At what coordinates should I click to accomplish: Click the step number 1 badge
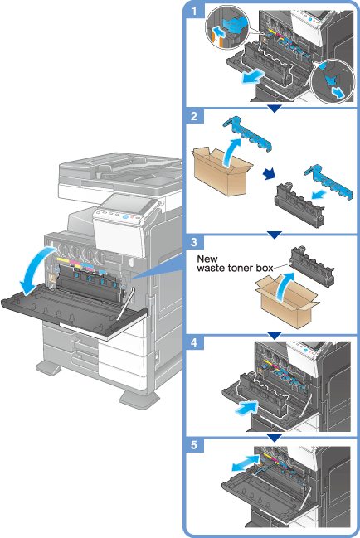tap(195, 11)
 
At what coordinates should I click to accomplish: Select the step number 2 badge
tap(195, 116)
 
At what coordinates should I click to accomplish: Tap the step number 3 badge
tap(195, 242)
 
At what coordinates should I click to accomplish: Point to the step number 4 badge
tap(195, 342)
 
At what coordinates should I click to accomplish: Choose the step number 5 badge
tap(195, 445)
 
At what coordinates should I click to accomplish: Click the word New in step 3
tap(207, 259)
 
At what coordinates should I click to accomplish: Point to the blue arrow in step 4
tap(246, 409)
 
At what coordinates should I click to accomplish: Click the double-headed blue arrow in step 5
tap(245, 463)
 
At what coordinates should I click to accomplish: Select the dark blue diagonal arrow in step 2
tap(270, 174)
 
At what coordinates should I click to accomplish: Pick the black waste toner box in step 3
tap(311, 266)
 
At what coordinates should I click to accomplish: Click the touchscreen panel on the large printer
tap(125, 203)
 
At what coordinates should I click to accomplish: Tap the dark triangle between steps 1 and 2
tap(275, 109)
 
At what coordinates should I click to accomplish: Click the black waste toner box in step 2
tap(299, 205)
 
